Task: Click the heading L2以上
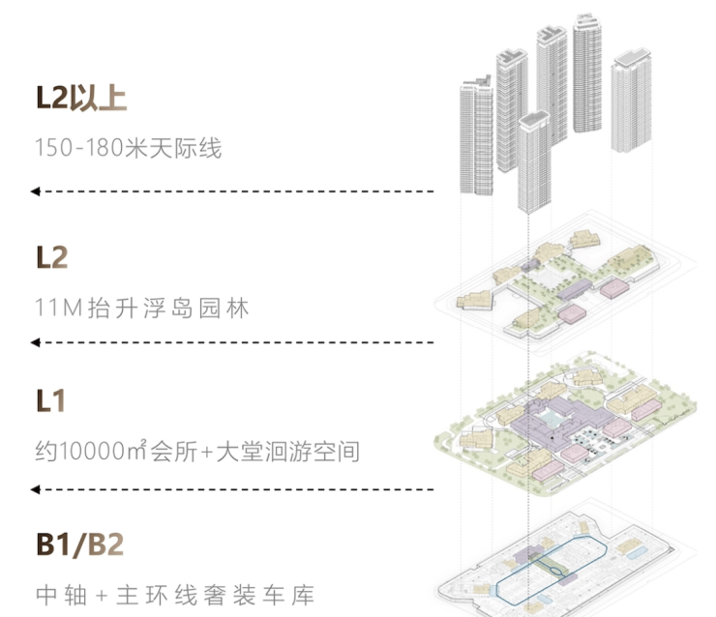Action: pyautogui.click(x=81, y=99)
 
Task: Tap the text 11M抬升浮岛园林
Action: pyautogui.click(x=141, y=308)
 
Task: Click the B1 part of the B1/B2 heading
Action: pyautogui.click(x=57, y=544)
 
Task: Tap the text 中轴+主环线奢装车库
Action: pyautogui.click(x=174, y=595)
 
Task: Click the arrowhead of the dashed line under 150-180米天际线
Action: pyautogui.click(x=35, y=191)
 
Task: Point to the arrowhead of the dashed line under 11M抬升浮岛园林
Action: pyautogui.click(x=35, y=342)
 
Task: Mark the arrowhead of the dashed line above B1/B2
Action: pyautogui.click(x=35, y=490)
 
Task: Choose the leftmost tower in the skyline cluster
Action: pyautogui.click(x=476, y=135)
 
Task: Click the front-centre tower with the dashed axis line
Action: pyautogui.click(x=533, y=164)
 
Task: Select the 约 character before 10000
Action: pyautogui.click(x=43, y=452)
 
